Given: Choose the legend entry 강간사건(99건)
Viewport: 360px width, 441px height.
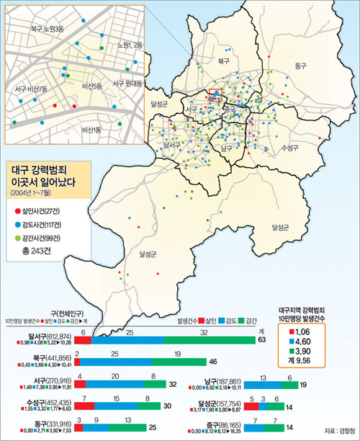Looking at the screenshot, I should tap(42, 239).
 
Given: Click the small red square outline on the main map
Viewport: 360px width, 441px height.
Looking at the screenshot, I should tap(215, 94).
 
